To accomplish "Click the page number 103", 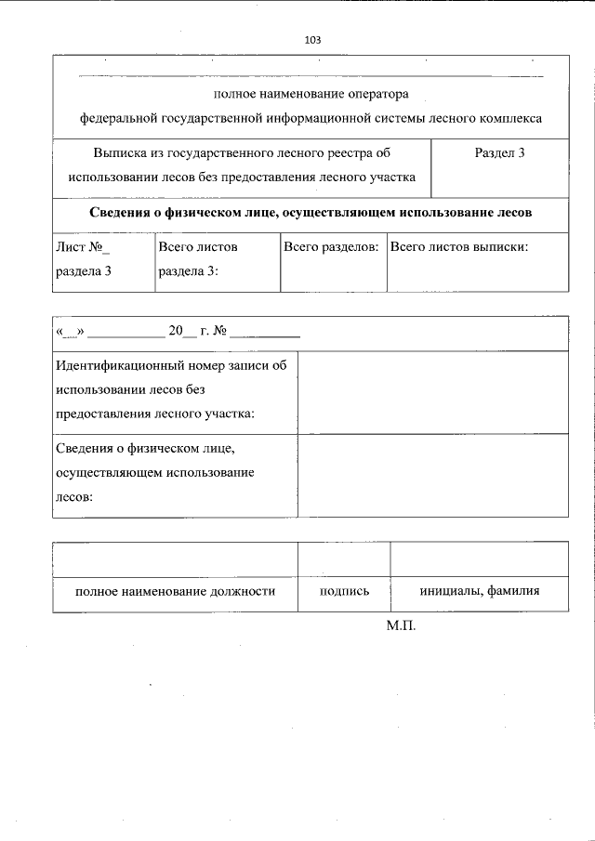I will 311,40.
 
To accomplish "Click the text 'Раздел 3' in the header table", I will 499,152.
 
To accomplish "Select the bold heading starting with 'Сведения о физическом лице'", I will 311,212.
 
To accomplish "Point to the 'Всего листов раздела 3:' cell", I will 198,259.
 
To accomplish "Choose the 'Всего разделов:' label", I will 331,247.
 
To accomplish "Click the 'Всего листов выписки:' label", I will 459,247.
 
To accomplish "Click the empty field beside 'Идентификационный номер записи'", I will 431,392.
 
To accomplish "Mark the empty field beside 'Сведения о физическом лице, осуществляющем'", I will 431,474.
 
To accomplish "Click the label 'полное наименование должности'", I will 175,590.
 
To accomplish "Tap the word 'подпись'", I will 344,590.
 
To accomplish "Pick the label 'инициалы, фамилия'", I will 479,590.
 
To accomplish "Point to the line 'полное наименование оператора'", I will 311,94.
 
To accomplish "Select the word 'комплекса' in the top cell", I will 511,118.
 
